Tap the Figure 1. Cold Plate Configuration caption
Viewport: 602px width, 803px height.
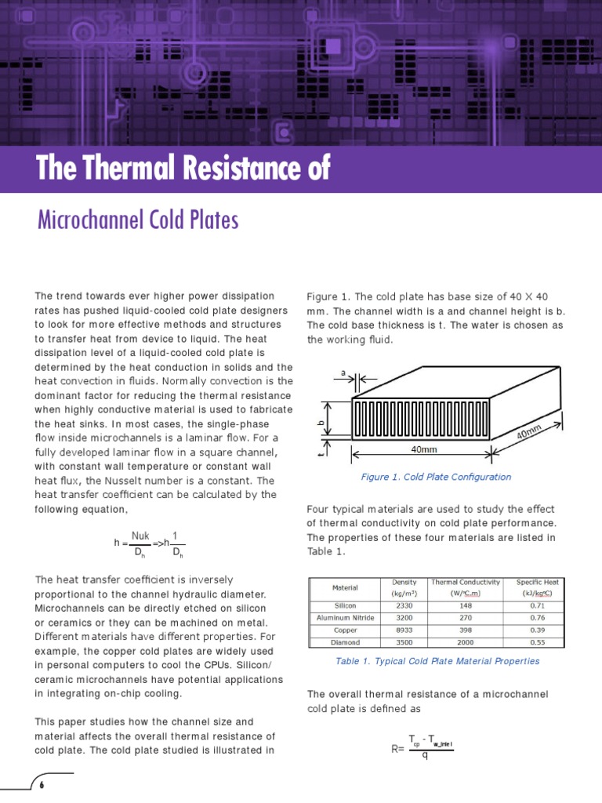(x=435, y=477)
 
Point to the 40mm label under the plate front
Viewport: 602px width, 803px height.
(x=423, y=450)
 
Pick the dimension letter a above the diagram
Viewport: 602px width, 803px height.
(x=343, y=372)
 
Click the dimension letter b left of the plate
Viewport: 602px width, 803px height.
(x=320, y=422)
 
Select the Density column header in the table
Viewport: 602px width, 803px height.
(x=403, y=587)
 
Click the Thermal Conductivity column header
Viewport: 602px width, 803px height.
(x=465, y=587)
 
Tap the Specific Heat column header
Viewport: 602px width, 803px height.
(x=537, y=587)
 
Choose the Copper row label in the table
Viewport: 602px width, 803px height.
(x=345, y=630)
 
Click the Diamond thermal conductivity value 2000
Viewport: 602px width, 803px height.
(x=465, y=641)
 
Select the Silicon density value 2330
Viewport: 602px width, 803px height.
(x=403, y=605)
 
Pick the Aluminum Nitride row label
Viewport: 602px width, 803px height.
(x=345, y=618)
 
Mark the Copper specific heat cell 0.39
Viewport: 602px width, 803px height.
(x=537, y=630)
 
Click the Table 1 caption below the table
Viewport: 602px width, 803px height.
(x=437, y=661)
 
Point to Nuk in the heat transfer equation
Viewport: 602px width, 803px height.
(x=140, y=536)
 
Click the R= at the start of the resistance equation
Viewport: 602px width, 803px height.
(x=397, y=749)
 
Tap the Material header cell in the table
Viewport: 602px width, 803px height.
(x=345, y=587)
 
